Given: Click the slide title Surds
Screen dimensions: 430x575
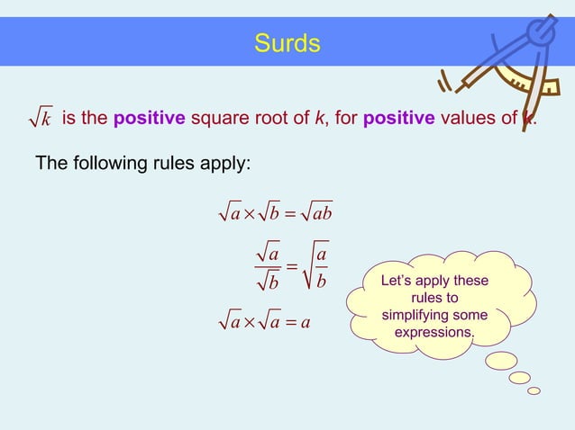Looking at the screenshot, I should click(287, 43).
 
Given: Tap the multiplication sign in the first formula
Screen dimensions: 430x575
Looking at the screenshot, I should click(250, 215).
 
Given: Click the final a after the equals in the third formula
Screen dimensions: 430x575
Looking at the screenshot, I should click(306, 321).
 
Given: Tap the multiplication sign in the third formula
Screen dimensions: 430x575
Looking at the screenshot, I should click(250, 321).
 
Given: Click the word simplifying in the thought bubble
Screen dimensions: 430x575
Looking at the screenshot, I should click(434, 316).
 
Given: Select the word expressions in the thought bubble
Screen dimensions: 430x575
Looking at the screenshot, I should click(434, 333).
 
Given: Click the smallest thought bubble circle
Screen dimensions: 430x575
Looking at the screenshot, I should click(534, 390).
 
